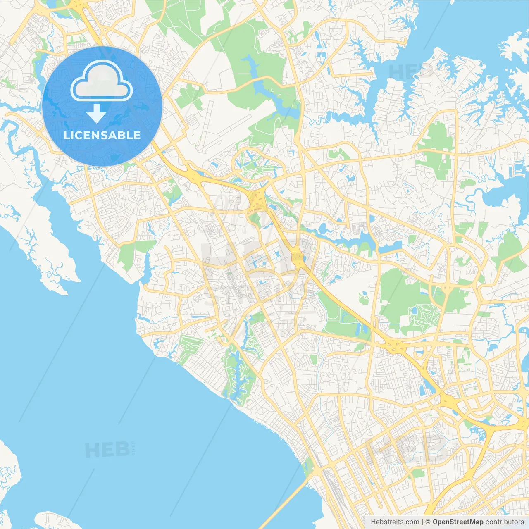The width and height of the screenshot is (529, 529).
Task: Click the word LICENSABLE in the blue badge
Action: [x=102, y=135]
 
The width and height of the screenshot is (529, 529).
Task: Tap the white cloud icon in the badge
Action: [x=102, y=81]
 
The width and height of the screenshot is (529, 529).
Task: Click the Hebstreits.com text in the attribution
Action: [x=395, y=522]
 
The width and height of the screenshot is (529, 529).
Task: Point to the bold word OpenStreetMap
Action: [x=458, y=522]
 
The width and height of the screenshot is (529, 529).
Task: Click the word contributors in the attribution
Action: [x=505, y=522]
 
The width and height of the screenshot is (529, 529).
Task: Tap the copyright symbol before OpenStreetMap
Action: [x=428, y=522]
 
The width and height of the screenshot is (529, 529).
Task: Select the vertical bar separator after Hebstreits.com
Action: [x=422, y=522]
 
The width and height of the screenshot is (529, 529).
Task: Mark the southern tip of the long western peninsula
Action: [x=62, y=291]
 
